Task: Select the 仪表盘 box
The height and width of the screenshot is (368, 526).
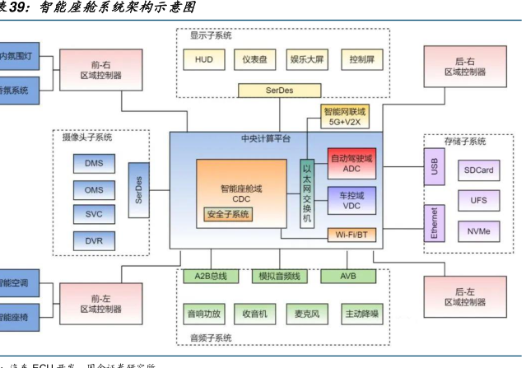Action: (252, 59)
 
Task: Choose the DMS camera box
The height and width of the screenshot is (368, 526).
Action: (93, 163)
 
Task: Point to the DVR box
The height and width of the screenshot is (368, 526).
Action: (93, 240)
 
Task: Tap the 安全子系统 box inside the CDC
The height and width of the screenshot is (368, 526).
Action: (228, 215)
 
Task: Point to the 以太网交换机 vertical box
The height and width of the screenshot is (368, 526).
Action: (307, 195)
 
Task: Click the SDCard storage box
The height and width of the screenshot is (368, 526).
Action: (478, 170)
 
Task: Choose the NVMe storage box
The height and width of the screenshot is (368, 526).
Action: (478, 231)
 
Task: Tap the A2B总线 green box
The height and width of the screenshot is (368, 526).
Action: (209, 276)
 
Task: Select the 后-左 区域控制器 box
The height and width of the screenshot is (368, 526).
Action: (464, 296)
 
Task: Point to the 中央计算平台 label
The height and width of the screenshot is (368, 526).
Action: (266, 138)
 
